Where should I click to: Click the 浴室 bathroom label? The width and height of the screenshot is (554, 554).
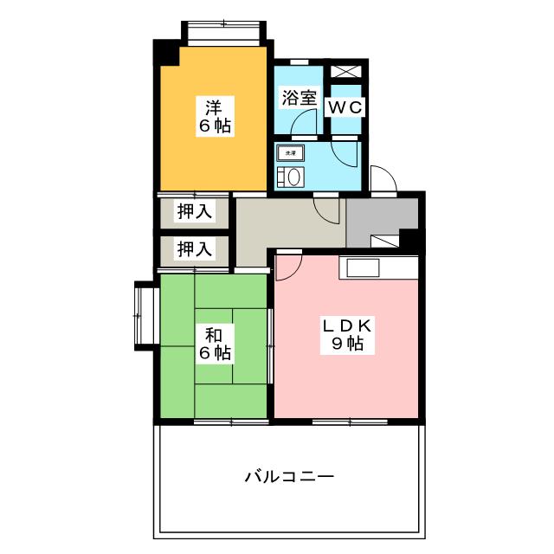click(x=299, y=99)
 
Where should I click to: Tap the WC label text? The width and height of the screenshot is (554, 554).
click(x=345, y=106)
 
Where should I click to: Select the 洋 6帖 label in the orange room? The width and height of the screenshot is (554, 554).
click(x=212, y=117)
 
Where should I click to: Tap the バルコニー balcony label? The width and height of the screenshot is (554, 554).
click(x=289, y=476)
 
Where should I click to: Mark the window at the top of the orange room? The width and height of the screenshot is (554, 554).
click(x=223, y=33)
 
